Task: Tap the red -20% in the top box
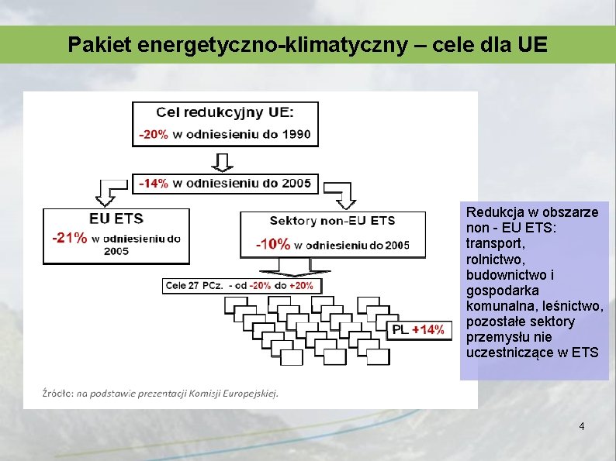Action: [x=153, y=134]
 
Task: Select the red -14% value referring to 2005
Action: [x=153, y=184]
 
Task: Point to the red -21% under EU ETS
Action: [x=69, y=238]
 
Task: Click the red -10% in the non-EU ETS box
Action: [x=273, y=245]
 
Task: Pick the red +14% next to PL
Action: [x=429, y=330]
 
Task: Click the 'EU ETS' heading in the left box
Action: [x=116, y=219]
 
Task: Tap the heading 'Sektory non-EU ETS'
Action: [x=332, y=221]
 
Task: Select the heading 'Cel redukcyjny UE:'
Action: [x=225, y=112]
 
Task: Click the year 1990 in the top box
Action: [x=296, y=134]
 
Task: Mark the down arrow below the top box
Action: [x=223, y=161]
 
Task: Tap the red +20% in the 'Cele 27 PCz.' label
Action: [x=301, y=285]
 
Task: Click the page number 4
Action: [x=581, y=427]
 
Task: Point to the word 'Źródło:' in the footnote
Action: [x=58, y=393]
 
